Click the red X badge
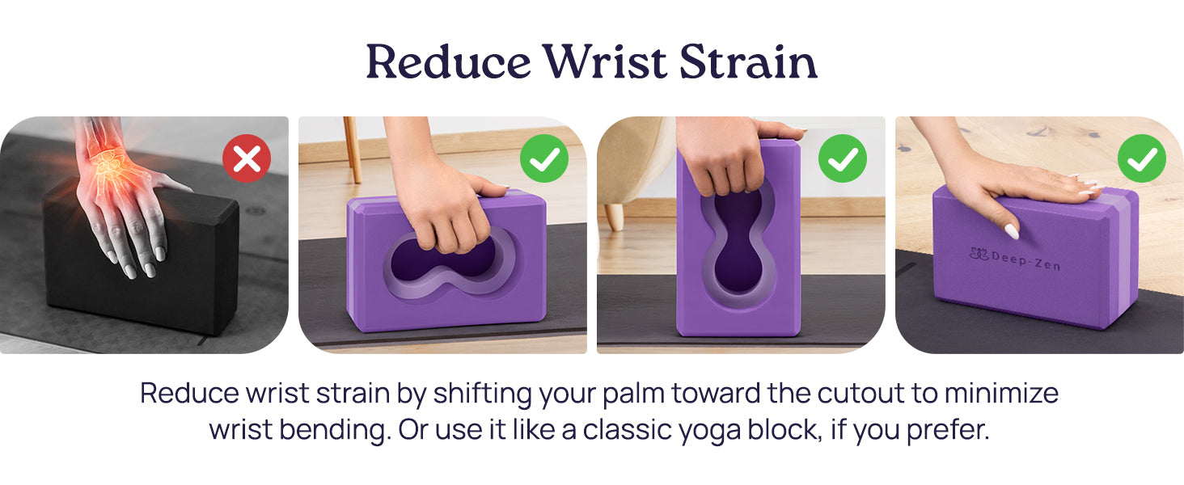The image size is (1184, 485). pyautogui.click(x=247, y=158)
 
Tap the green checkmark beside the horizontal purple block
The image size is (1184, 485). pyautogui.click(x=544, y=158)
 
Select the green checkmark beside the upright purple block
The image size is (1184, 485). pyautogui.click(x=843, y=158)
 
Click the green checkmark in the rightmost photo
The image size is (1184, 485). pyautogui.click(x=1142, y=158)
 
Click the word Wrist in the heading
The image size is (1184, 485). pyautogui.click(x=606, y=61)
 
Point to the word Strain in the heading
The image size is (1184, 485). pyautogui.click(x=748, y=61)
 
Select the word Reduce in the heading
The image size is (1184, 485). pyautogui.click(x=449, y=61)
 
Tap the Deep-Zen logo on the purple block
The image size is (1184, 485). pyautogui.click(x=1015, y=259)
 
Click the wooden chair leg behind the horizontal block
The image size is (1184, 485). pyautogui.click(x=353, y=150)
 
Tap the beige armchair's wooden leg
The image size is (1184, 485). pyautogui.click(x=614, y=217)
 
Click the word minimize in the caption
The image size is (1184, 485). pyautogui.click(x=1001, y=394)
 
